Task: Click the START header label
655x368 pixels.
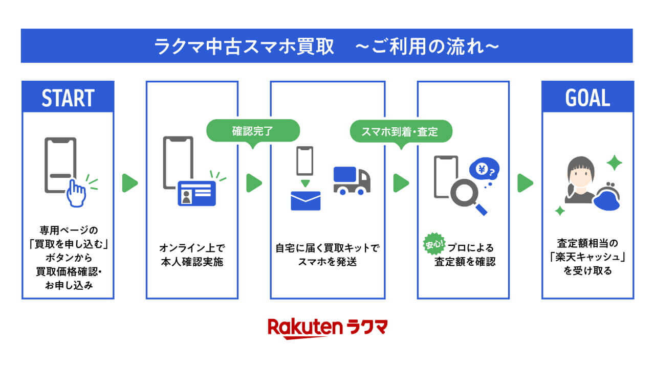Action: coord(68,98)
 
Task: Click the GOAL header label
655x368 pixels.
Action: coord(587,98)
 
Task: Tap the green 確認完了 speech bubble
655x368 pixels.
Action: coord(252,131)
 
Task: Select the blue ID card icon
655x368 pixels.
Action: coord(197,193)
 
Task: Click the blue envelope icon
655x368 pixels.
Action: coord(305,200)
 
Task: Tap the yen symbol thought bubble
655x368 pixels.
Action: coord(484,169)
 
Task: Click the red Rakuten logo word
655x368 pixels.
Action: coord(305,328)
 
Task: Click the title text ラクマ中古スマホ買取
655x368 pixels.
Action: coord(244,47)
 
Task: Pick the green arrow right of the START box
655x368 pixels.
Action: coord(130,183)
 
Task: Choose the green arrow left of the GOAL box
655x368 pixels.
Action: coord(525,183)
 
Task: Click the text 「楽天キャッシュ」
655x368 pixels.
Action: coord(587,257)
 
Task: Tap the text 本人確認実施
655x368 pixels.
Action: coord(192,262)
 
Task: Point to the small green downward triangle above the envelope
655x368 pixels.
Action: coord(305,183)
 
